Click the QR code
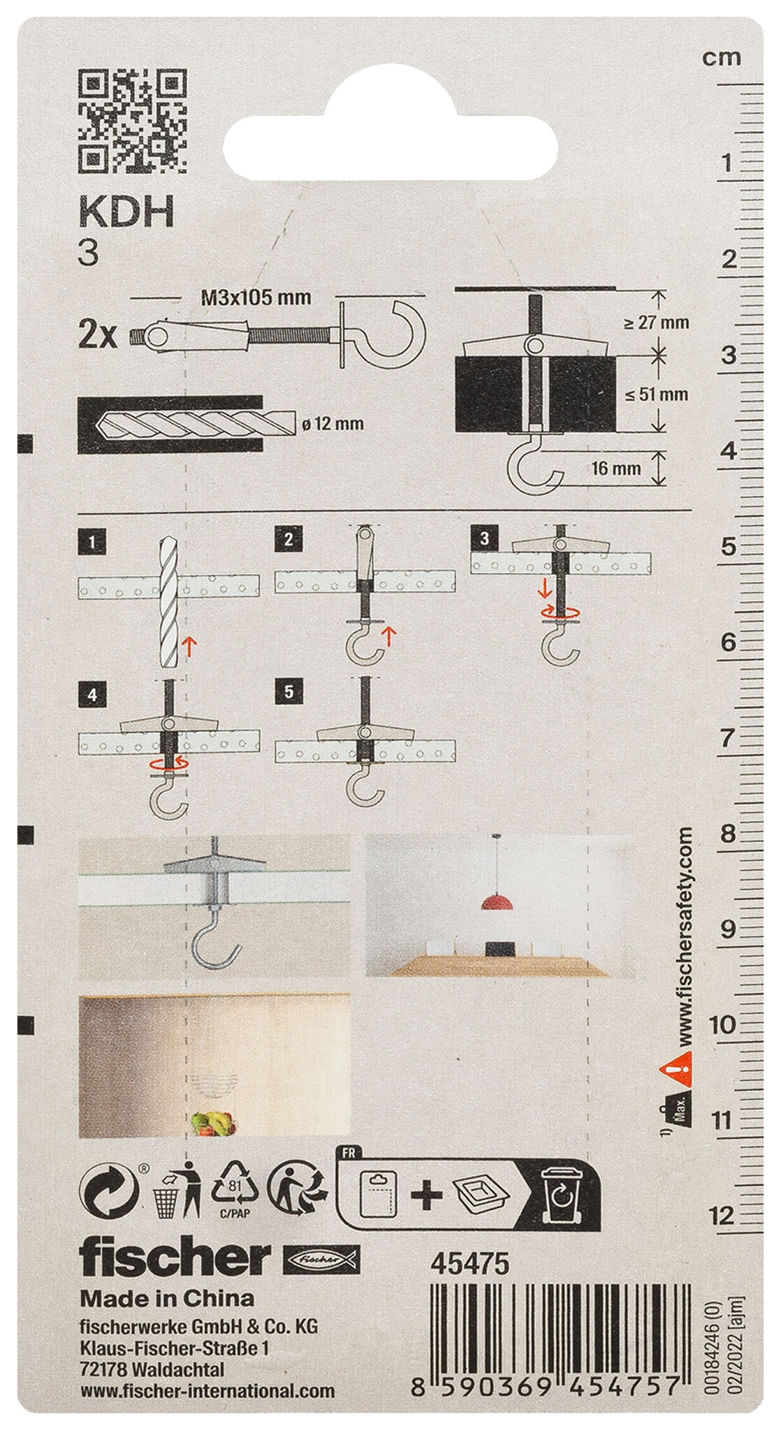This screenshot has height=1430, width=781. click(x=131, y=122)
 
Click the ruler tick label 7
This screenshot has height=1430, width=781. click(x=728, y=737)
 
